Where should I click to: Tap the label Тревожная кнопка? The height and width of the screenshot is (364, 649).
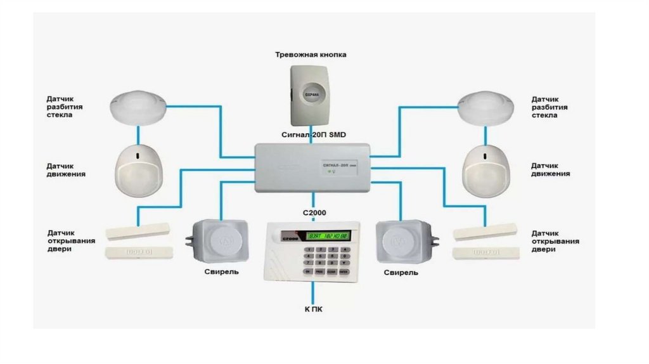point(311,55)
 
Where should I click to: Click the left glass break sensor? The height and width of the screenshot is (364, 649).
point(136,107)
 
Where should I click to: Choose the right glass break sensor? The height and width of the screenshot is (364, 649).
point(486,107)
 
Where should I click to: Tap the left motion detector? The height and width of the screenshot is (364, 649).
point(139,169)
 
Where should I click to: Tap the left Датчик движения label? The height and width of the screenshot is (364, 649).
point(66,169)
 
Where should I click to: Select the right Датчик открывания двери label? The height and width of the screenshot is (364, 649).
point(555,241)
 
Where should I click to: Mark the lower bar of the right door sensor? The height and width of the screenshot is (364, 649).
point(485,253)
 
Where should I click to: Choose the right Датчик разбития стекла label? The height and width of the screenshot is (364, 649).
point(549,107)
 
